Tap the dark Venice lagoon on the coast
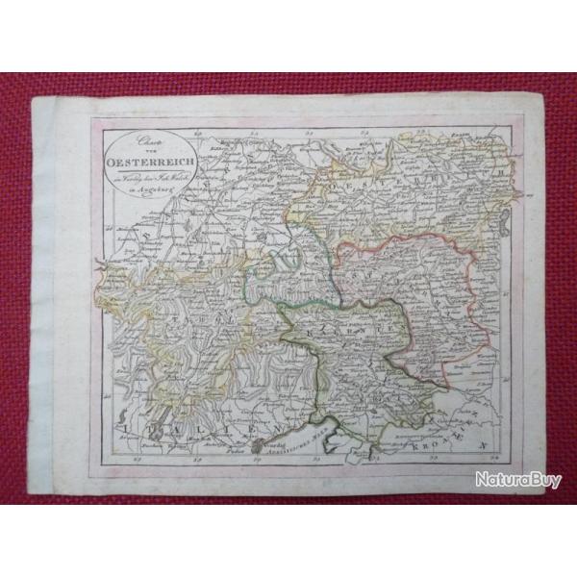pos(258,445)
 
